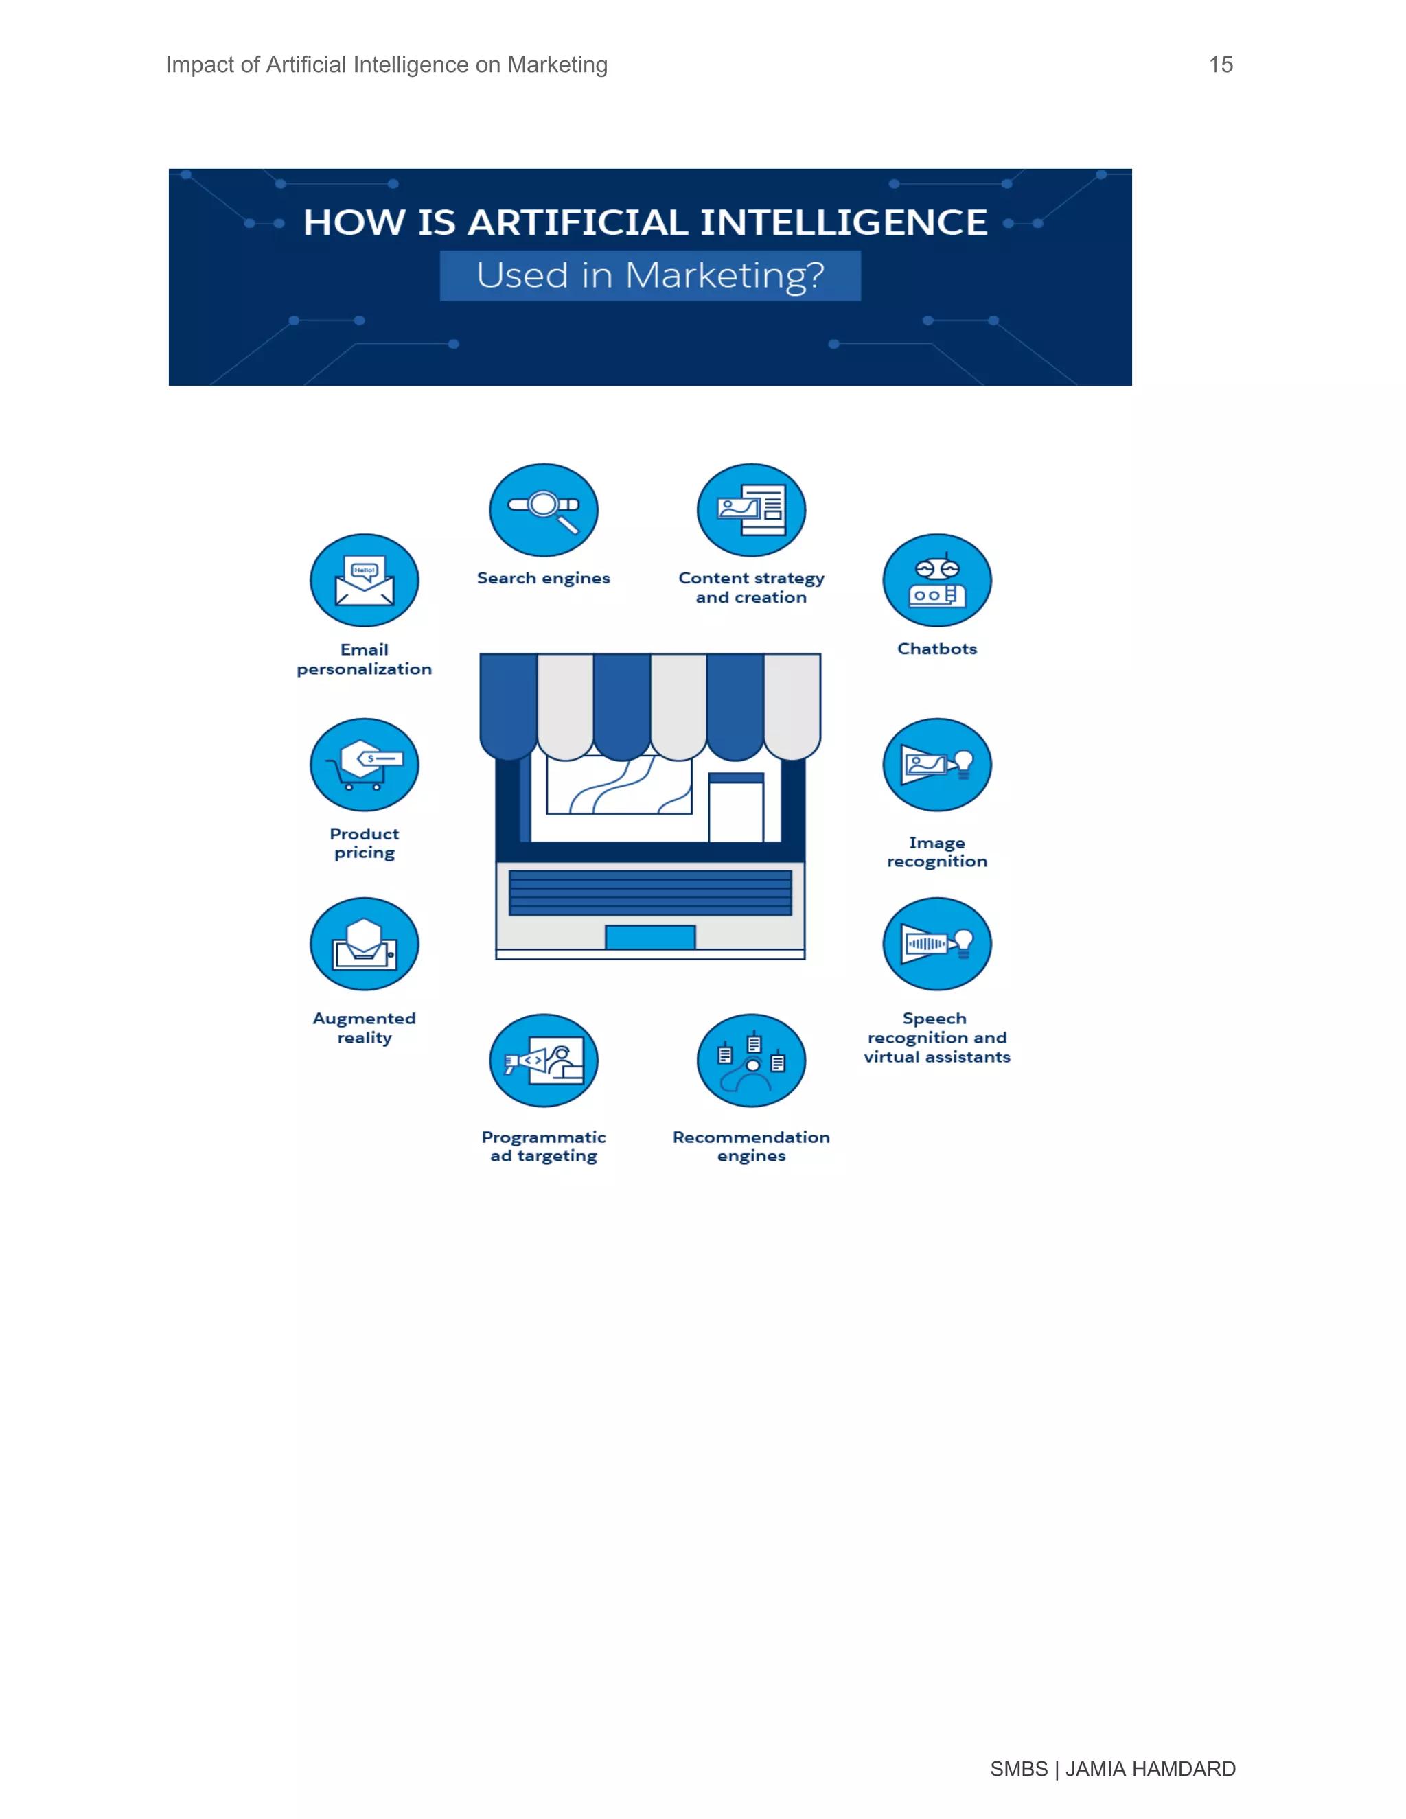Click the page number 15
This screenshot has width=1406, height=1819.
[x=1220, y=65]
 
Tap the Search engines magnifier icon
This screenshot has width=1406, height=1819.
[x=543, y=510]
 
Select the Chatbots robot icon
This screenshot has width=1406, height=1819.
[x=937, y=581]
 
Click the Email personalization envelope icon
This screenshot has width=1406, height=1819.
[x=364, y=581]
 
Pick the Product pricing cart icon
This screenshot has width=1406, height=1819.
[x=364, y=765]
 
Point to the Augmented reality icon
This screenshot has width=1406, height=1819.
[x=364, y=944]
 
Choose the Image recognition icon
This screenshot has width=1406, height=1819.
[x=937, y=765]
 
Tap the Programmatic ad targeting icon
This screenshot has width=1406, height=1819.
[x=543, y=1061]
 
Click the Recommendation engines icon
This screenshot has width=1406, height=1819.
[x=751, y=1061]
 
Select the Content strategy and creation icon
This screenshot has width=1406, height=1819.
[x=751, y=510]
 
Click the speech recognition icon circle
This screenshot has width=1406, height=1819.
[x=937, y=944]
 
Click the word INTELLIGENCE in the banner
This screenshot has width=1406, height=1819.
[x=843, y=222]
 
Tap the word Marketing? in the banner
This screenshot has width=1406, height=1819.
[x=725, y=276]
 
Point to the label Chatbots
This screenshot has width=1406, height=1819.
[x=937, y=649]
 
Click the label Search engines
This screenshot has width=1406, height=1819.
[x=543, y=578]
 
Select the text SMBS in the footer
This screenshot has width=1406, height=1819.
[x=1018, y=1769]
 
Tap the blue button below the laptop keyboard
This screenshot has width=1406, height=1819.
[x=649, y=937]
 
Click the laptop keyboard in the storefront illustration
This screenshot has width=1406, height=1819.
[x=649, y=893]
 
